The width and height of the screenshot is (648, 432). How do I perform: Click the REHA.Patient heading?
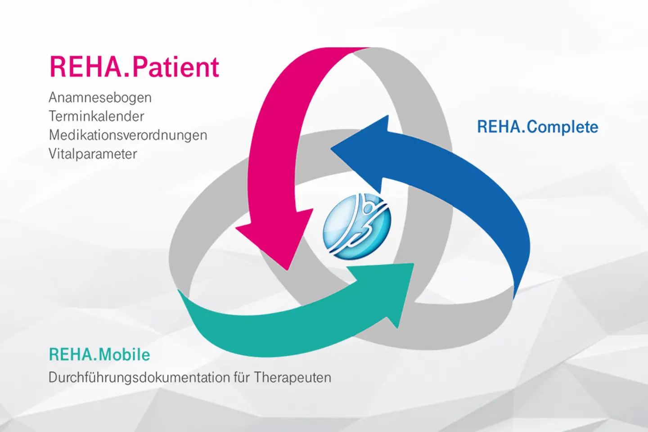(x=134, y=67)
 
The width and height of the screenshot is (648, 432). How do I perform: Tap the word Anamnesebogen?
(x=100, y=98)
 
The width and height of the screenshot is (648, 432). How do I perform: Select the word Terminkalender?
(x=96, y=117)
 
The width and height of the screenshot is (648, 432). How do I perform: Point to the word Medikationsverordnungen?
(x=128, y=135)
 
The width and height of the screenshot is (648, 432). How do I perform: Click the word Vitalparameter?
(x=93, y=154)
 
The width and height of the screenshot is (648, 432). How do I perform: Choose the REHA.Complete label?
(x=537, y=127)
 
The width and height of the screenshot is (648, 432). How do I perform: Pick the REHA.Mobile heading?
(x=99, y=355)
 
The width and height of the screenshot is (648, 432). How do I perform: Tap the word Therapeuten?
(x=292, y=378)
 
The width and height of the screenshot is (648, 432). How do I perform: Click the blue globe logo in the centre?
(x=357, y=226)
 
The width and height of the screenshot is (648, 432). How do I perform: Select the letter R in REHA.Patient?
(x=58, y=67)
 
